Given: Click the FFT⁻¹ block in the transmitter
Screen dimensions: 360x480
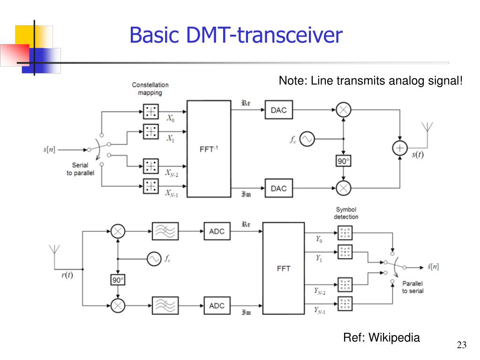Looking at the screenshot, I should pos(209,149).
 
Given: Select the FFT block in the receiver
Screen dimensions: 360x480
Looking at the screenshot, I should pos(283,269).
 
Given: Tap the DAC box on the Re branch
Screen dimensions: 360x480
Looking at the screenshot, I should pos(278,111).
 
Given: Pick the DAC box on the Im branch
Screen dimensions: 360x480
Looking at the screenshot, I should pos(278,188).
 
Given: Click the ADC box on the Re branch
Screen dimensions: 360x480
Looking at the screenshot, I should pos(217,232).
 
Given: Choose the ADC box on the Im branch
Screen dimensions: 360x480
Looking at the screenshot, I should pos(217,306).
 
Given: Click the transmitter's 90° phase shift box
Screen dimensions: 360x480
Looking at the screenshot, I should pos(344,161).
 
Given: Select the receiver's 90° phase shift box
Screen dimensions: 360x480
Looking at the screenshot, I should pos(117,280).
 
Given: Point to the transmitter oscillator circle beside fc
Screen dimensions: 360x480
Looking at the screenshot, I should pos(307,139).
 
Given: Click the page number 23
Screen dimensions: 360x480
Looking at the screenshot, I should pos(462,345).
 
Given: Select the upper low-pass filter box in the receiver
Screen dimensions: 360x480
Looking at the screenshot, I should pos(165,232).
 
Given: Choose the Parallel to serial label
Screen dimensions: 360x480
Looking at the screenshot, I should pos(412,287).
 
